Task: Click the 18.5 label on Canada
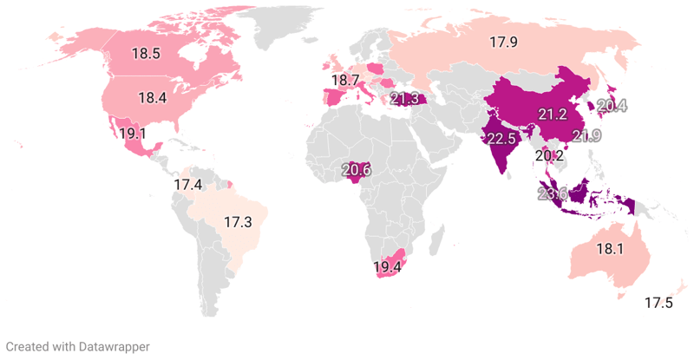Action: pos(146,53)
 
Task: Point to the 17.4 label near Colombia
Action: pos(187,185)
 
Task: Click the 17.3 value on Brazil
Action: pos(238,222)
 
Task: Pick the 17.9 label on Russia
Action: pos(504,42)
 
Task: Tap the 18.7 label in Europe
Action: pos(344,80)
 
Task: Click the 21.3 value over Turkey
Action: pos(404,99)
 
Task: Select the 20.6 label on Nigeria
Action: pos(357,171)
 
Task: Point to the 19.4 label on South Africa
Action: pos(387,267)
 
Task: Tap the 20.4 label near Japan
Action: pos(612,107)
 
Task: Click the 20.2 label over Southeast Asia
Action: pos(549,156)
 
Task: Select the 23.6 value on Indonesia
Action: pos(552,194)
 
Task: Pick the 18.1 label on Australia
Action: pos(609,249)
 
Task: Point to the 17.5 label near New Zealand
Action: pos(658,303)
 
